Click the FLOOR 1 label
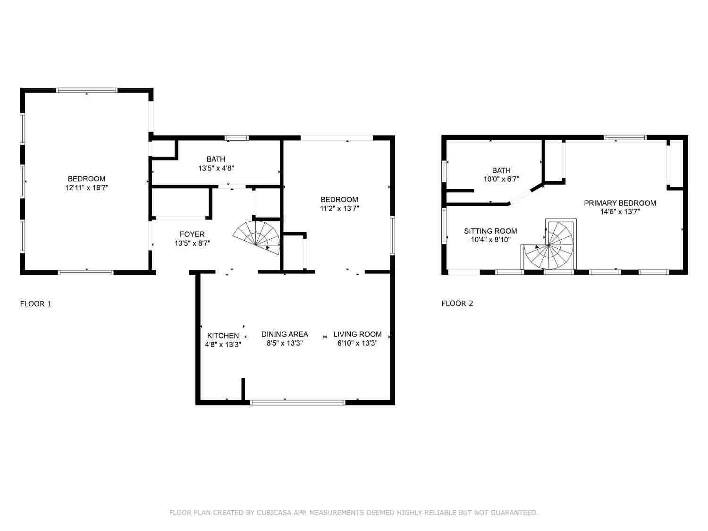click(x=35, y=303)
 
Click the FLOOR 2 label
click(x=457, y=303)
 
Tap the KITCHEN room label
click(x=223, y=335)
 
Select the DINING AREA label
click(x=285, y=334)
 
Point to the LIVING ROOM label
click(x=357, y=334)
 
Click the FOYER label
click(x=192, y=234)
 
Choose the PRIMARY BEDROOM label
click(x=620, y=203)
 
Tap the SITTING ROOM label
click(x=490, y=231)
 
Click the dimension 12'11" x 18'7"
click(x=86, y=188)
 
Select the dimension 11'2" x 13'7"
click(x=339, y=208)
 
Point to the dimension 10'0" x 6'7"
click(x=501, y=179)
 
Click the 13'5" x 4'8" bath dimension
click(x=216, y=168)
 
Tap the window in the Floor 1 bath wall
click(x=237, y=138)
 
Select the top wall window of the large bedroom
click(x=87, y=90)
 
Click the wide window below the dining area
click(x=298, y=402)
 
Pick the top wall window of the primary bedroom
click(x=625, y=138)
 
